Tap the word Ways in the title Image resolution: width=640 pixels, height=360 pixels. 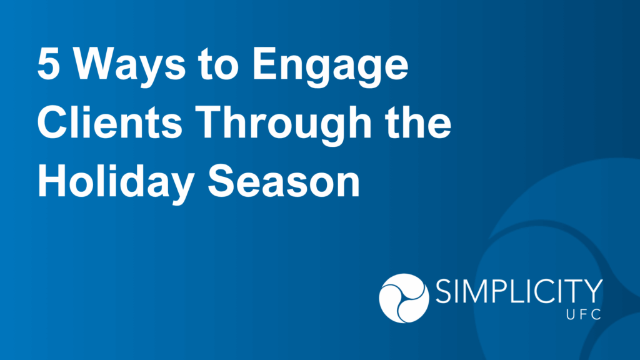click(x=129, y=67)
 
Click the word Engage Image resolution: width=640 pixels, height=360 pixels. click(x=330, y=67)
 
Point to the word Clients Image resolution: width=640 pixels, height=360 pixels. click(x=110, y=122)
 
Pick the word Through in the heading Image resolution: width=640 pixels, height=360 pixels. click(x=285, y=126)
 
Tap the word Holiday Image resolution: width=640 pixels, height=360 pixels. click(x=116, y=184)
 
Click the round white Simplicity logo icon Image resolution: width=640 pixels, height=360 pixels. click(x=404, y=298)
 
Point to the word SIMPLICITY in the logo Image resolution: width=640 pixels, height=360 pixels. click(x=519, y=292)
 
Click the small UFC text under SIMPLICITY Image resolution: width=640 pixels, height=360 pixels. click(x=583, y=314)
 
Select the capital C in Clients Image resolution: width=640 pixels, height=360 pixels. click(x=52, y=122)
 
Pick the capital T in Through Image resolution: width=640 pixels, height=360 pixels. click(x=211, y=122)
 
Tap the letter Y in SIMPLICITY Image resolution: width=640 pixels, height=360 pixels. click(x=592, y=292)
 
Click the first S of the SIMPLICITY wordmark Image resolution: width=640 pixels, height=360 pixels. click(x=443, y=292)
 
